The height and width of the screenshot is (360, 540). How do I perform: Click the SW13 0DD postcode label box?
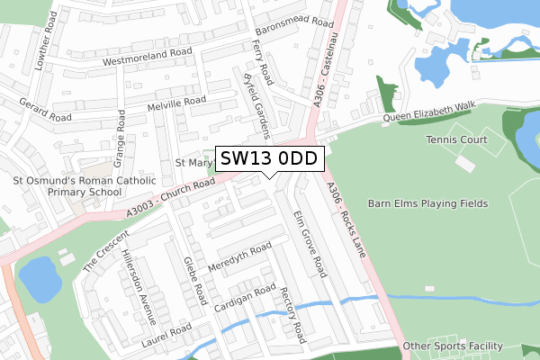pyautogui.click(x=269, y=158)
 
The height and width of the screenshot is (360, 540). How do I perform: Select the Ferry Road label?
pyautogui.click(x=262, y=58)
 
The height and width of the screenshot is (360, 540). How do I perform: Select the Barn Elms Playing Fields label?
pyautogui.click(x=428, y=203)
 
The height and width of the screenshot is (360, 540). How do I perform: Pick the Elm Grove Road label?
pyautogui.click(x=309, y=242)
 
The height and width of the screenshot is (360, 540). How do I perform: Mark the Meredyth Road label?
pyautogui.click(x=239, y=257)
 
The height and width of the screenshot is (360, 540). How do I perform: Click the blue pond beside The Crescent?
pyautogui.click(x=39, y=278)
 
